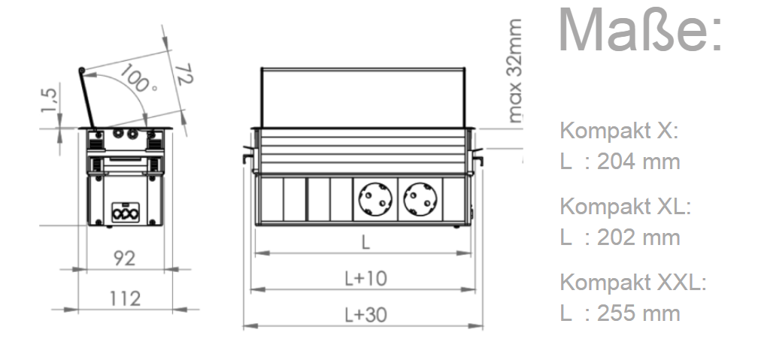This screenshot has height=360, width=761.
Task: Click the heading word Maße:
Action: click(641, 30)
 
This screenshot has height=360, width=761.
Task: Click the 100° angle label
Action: click(138, 79)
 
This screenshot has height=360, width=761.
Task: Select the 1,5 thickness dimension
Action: click(50, 100)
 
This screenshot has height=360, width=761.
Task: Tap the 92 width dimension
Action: click(124, 259)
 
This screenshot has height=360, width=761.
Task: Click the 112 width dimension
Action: click(125, 298)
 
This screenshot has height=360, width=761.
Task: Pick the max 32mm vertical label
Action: click(514, 71)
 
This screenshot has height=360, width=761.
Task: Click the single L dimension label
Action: click(365, 242)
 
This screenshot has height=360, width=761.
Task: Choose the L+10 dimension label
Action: click(366, 279)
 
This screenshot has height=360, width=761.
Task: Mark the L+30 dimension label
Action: click(366, 315)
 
